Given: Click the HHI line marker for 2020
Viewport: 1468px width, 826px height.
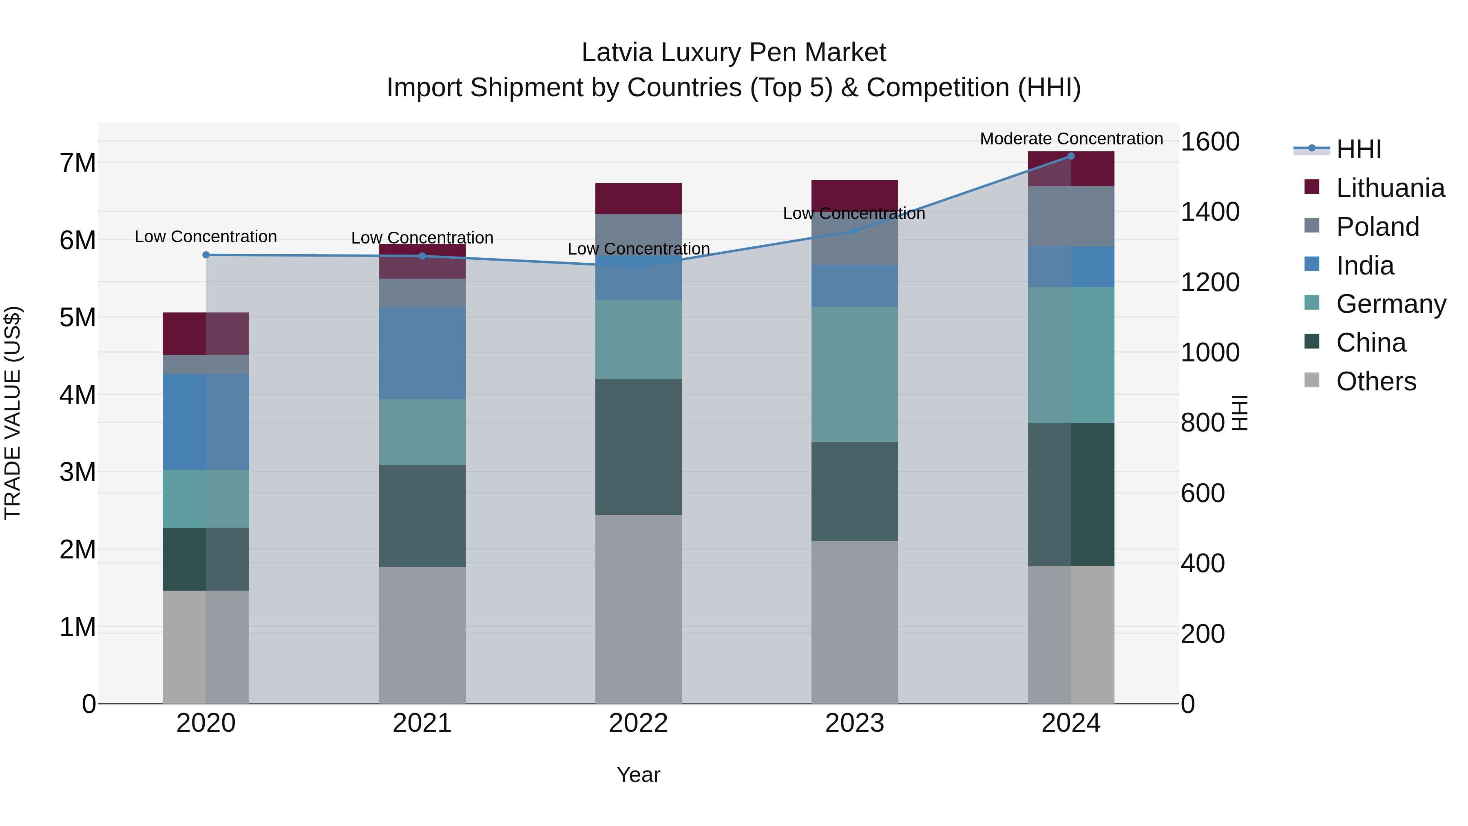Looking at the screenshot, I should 206,255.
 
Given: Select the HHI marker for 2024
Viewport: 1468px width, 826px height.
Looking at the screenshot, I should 1071,156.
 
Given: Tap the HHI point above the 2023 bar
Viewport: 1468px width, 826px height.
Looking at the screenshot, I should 854,231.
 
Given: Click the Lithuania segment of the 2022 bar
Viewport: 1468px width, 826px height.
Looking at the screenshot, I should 638,198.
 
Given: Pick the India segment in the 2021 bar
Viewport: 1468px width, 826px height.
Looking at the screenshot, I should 422,353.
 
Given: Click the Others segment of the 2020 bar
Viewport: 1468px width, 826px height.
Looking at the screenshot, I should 206,647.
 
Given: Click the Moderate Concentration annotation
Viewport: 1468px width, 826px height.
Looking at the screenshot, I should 1071,139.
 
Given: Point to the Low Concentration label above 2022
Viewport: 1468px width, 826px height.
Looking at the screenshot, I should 638,248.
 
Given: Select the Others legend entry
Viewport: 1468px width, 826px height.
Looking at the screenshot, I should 1376,381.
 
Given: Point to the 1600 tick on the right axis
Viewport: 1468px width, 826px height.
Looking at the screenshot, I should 1209,142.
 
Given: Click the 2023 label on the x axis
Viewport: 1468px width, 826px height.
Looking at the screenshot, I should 854,723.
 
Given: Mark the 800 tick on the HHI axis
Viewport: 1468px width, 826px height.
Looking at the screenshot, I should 1203,423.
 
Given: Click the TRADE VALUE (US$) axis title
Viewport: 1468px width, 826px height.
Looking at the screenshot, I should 13,413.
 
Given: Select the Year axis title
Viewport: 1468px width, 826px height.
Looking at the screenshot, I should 638,775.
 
